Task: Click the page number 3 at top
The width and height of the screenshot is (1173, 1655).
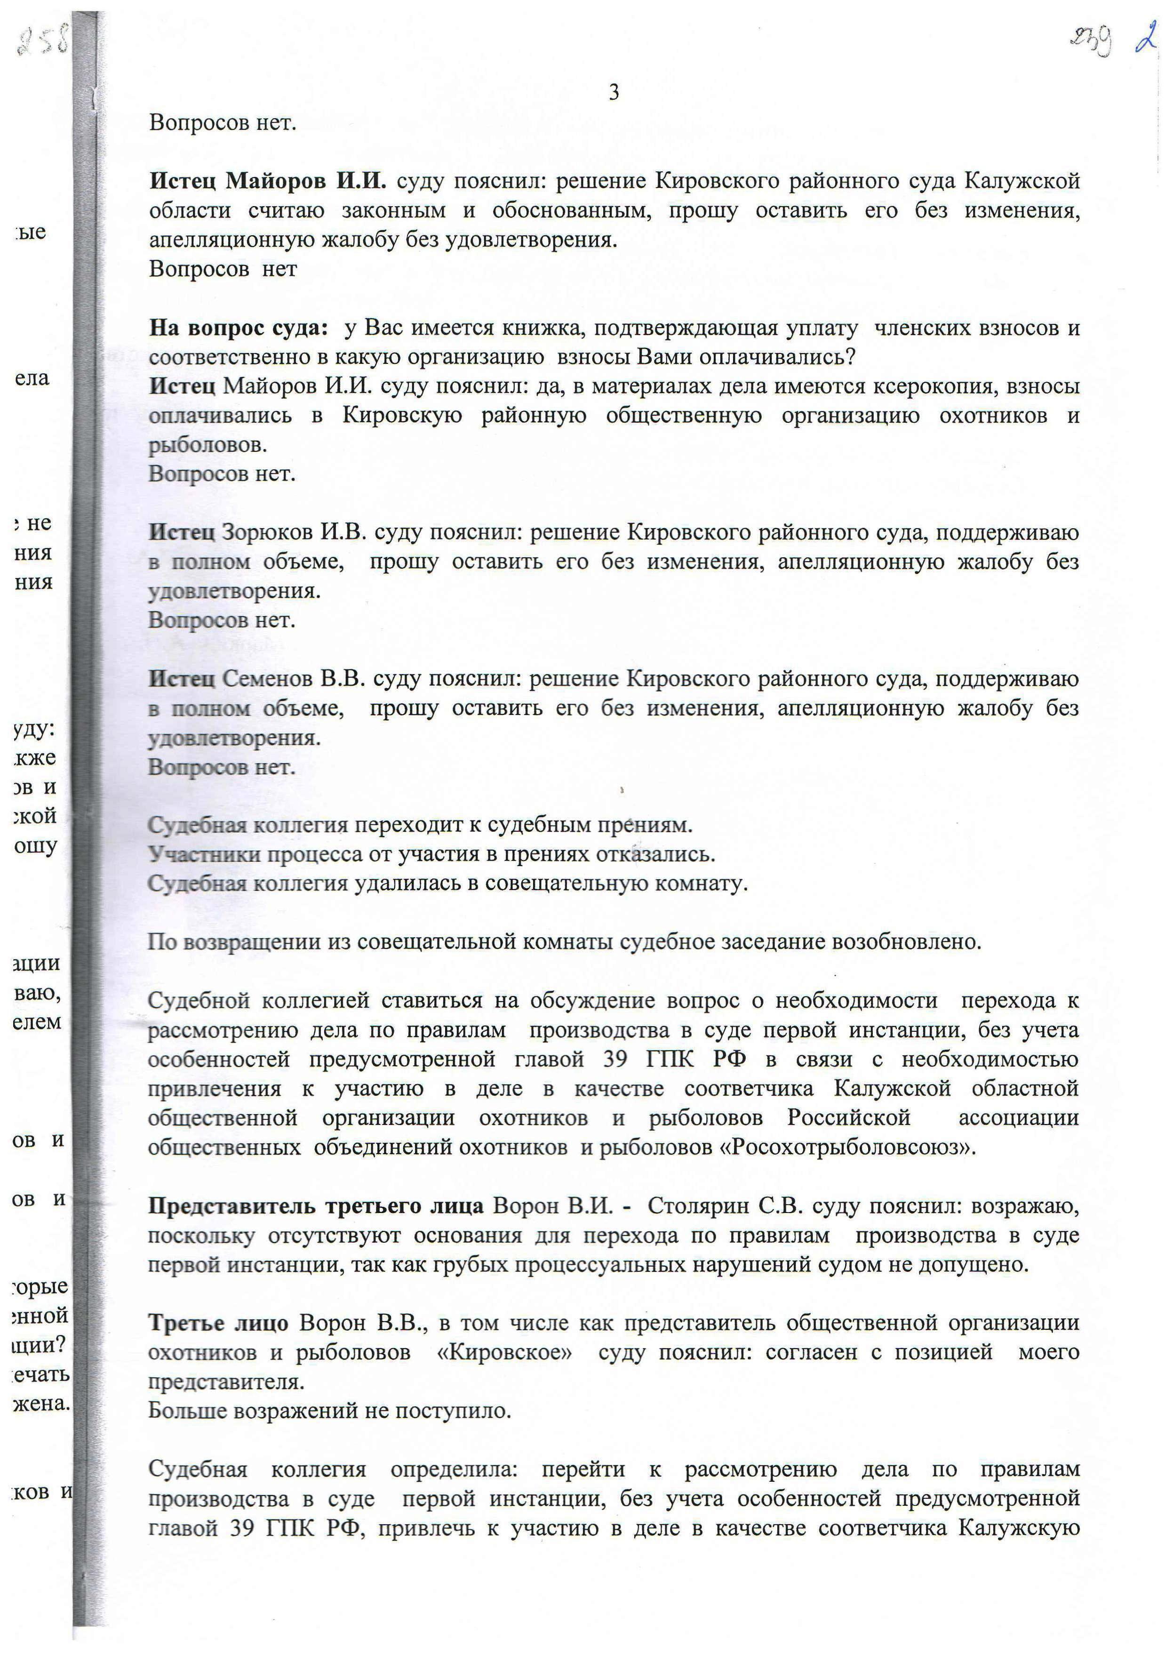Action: point(614,92)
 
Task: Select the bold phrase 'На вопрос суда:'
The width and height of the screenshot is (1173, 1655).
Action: point(239,329)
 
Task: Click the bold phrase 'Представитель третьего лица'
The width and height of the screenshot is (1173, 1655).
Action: point(316,1206)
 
